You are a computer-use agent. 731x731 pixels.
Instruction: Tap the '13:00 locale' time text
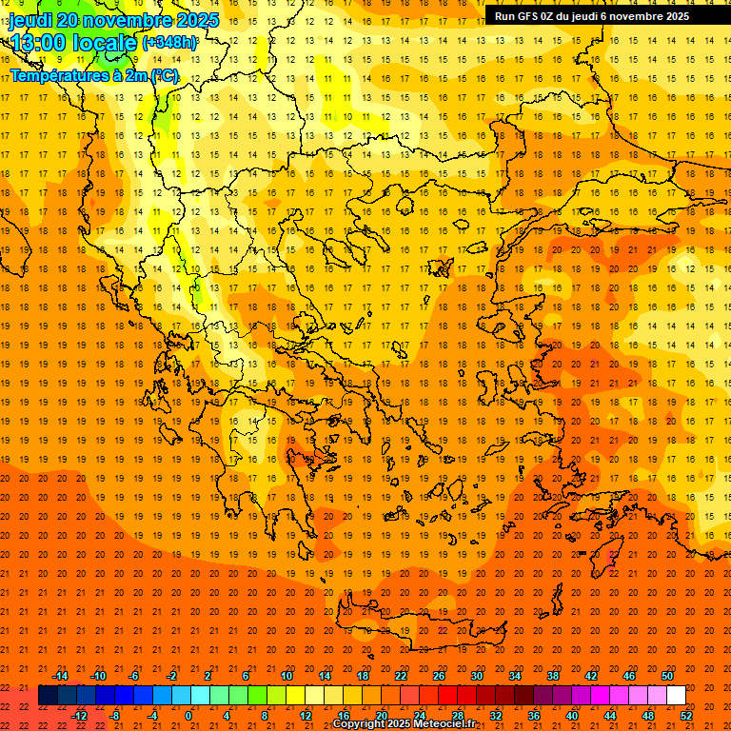coord(73,42)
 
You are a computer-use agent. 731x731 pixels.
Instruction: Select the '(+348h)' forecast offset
coord(170,43)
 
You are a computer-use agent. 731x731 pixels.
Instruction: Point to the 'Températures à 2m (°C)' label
coord(94,75)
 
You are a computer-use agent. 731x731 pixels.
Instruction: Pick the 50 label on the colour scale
coord(667,676)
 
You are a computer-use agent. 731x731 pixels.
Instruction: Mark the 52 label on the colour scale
coord(687,715)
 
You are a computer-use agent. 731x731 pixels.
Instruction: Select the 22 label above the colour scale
coord(401,676)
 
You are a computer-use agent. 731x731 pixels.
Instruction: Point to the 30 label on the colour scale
coord(477,676)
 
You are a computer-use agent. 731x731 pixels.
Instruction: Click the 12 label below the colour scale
coord(306,715)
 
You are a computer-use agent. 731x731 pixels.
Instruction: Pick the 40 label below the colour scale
coord(572,715)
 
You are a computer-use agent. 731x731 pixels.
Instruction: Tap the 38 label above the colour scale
coord(553,676)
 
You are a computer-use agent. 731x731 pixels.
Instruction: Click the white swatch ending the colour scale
coord(676,696)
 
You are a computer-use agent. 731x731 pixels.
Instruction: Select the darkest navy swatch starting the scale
coord(48,696)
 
